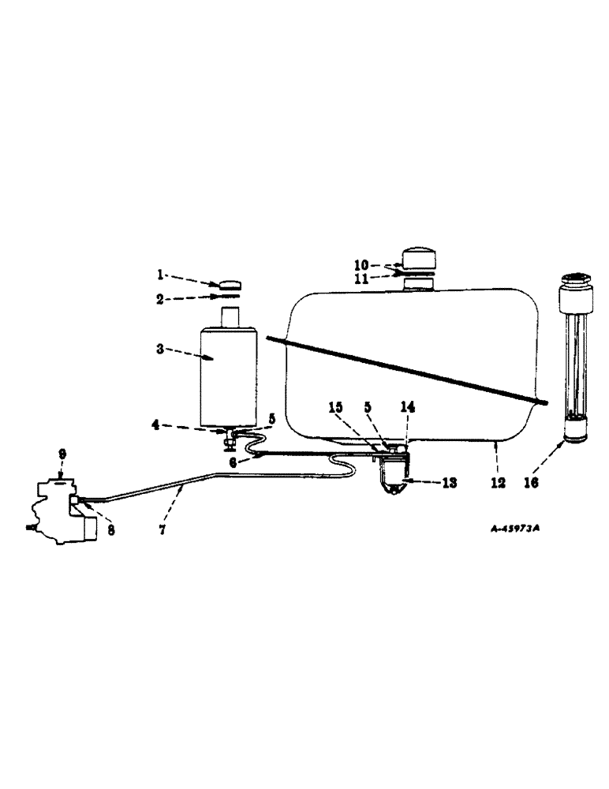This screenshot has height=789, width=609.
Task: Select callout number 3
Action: (160, 349)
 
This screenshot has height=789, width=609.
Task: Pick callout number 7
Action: (163, 530)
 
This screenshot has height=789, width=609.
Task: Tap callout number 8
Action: (111, 530)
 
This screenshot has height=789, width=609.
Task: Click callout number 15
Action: (336, 408)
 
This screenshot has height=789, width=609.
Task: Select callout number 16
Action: (531, 483)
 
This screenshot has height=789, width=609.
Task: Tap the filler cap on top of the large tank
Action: (424, 259)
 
